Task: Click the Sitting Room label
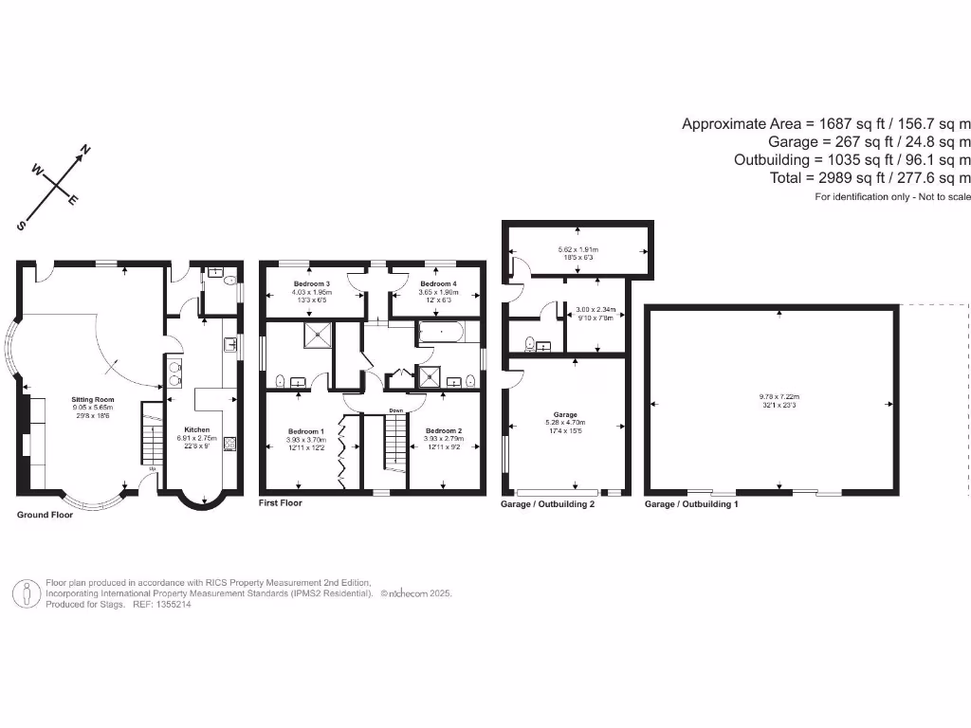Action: point(93,401)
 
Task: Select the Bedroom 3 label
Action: point(311,284)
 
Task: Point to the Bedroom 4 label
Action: point(438,284)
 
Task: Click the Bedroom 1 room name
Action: point(306,431)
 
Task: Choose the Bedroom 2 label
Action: point(443,429)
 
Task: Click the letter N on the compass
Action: point(84,150)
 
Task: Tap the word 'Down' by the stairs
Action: point(397,410)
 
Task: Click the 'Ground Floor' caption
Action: point(45,515)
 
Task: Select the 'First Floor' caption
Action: point(281,503)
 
